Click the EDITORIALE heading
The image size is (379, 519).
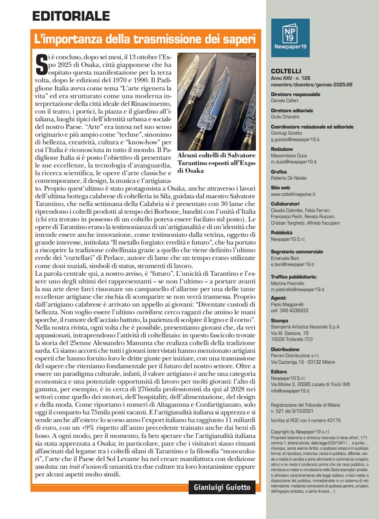(72, 17)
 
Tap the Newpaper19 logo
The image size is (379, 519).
(290, 34)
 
